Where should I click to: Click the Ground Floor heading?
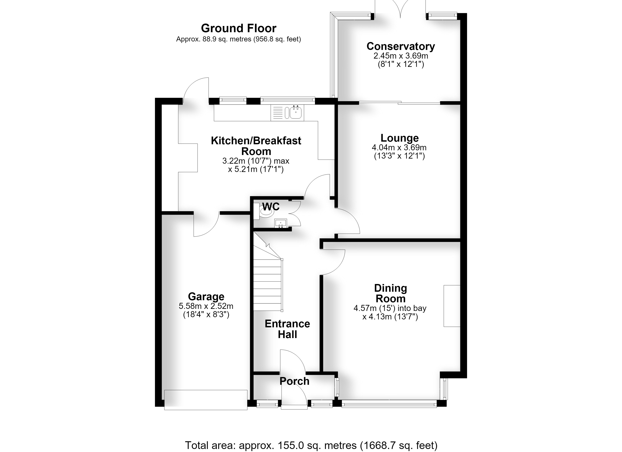click(239, 28)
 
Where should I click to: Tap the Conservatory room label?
click(401, 46)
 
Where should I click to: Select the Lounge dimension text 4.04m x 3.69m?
click(399, 147)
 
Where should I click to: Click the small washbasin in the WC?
click(280, 223)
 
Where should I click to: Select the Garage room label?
click(206, 297)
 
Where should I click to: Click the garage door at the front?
click(206, 400)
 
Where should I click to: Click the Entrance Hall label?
click(287, 329)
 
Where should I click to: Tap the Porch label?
click(294, 381)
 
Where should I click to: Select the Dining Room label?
click(391, 293)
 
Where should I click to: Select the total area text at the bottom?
click(311, 445)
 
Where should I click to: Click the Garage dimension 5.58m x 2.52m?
click(206, 306)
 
